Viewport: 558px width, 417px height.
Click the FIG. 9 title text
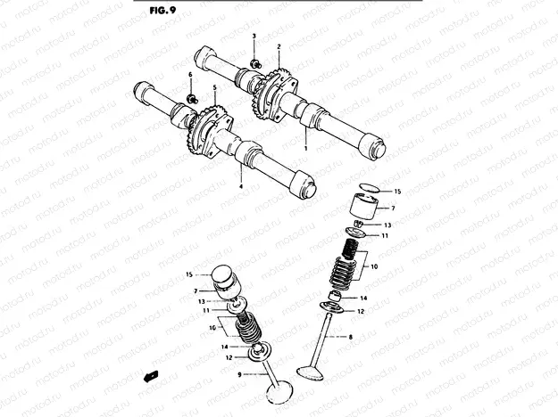pyautogui.click(x=162, y=11)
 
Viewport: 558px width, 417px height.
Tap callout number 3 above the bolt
pyautogui.click(x=254, y=37)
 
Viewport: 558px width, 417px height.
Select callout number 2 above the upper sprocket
pyautogui.click(x=279, y=46)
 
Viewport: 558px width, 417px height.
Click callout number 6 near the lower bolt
pyautogui.click(x=190, y=75)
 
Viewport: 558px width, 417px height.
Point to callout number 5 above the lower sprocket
pyautogui.click(x=215, y=87)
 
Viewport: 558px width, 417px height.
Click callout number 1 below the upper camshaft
pyautogui.click(x=305, y=149)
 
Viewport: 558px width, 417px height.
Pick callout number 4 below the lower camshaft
pyautogui.click(x=241, y=186)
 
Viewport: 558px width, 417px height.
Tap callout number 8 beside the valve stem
pyautogui.click(x=351, y=337)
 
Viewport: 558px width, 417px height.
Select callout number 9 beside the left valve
pyautogui.click(x=239, y=374)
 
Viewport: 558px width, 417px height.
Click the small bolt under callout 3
pyautogui.click(x=255, y=64)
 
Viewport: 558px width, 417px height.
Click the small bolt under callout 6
pyautogui.click(x=192, y=98)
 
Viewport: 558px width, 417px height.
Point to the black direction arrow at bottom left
pyautogui.click(x=151, y=376)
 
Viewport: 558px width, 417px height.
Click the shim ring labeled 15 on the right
pyautogui.click(x=370, y=188)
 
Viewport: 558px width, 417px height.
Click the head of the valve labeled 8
pyautogui.click(x=311, y=373)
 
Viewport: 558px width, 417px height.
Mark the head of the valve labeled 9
pyautogui.click(x=279, y=392)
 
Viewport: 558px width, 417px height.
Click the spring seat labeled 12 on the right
pyautogui.click(x=332, y=307)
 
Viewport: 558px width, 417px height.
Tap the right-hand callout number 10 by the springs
pyautogui.click(x=374, y=266)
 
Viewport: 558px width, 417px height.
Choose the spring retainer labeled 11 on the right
pyautogui.click(x=355, y=233)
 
